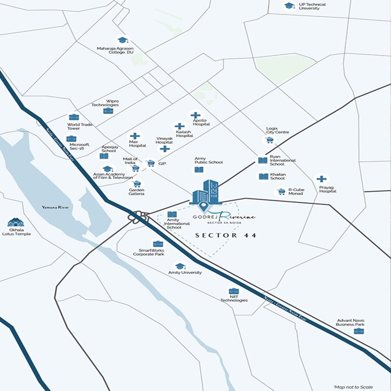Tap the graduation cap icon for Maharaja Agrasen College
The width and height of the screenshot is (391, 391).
click(123, 40)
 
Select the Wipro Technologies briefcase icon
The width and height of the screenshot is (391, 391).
click(108, 111)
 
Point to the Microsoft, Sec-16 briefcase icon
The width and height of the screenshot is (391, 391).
click(71, 139)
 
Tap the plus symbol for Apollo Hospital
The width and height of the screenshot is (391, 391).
click(195, 116)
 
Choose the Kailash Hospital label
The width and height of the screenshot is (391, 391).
click(184, 133)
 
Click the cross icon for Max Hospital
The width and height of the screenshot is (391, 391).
click(135, 136)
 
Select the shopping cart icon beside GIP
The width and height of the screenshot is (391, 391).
click(150, 163)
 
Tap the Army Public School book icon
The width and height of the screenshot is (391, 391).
click(199, 169)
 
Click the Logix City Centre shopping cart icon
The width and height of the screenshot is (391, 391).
click(269, 140)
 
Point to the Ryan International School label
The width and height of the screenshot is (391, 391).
click(282, 160)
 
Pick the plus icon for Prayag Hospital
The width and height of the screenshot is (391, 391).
click(321, 179)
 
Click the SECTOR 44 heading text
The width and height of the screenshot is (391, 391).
click(225, 235)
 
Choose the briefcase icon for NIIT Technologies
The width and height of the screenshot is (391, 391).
click(234, 292)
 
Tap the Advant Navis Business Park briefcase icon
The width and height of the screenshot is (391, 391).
click(358, 331)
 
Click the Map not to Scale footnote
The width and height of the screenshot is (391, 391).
click(353, 387)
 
